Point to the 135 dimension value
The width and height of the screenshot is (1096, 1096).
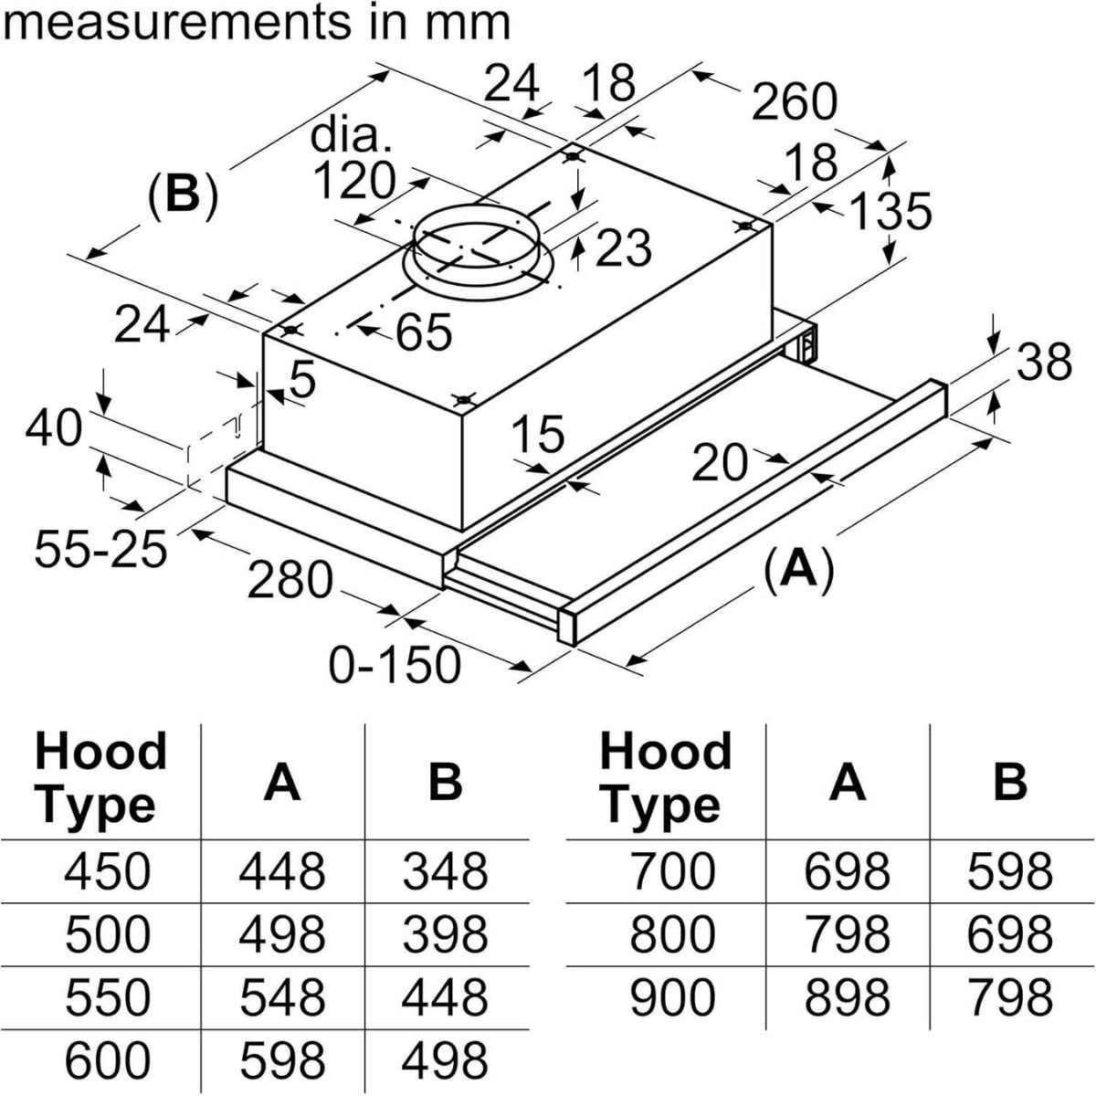[x=890, y=211]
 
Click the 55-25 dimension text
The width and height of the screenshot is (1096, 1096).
[x=101, y=549]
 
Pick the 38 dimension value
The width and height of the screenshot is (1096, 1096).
[x=1044, y=362]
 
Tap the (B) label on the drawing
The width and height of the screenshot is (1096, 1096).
[x=184, y=194]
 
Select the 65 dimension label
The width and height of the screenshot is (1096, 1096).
[x=425, y=332]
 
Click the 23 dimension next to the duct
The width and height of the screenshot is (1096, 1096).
[x=624, y=248]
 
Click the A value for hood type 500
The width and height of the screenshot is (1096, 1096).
[x=281, y=933]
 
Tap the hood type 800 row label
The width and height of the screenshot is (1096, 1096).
[x=673, y=933]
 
